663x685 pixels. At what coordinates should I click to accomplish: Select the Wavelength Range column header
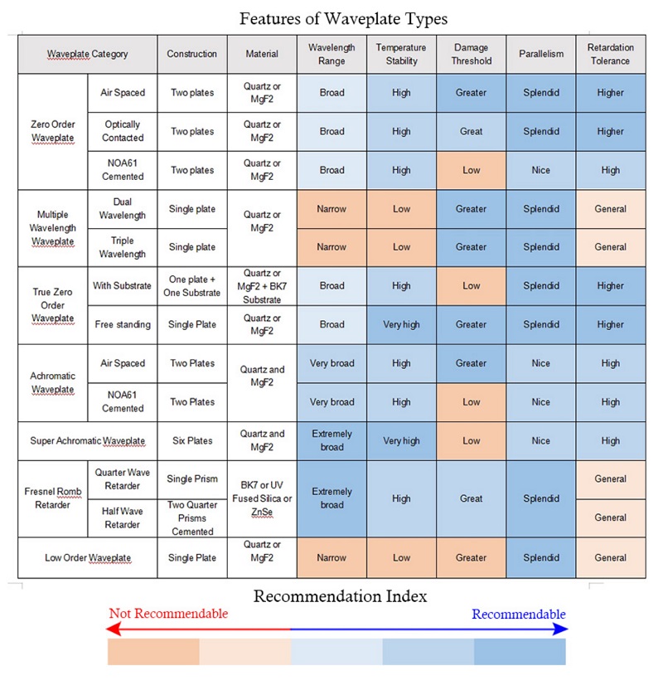click(x=331, y=54)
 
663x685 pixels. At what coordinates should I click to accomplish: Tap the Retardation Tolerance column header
click(x=610, y=54)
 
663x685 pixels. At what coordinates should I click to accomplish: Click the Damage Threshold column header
click(x=471, y=54)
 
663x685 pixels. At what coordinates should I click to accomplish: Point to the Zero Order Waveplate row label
click(x=53, y=131)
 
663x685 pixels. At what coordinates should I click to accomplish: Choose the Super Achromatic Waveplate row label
click(x=87, y=440)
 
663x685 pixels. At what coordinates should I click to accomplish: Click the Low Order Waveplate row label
click(x=87, y=557)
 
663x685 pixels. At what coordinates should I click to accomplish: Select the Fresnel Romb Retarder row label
click(x=53, y=498)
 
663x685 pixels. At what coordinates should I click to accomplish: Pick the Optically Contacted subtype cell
click(x=123, y=131)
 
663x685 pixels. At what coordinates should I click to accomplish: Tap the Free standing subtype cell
click(x=123, y=324)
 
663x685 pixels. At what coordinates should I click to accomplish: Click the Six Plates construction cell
click(x=191, y=440)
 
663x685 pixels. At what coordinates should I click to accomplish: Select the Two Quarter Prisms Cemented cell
click(x=191, y=517)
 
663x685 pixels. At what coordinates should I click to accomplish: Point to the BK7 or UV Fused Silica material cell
click(x=262, y=498)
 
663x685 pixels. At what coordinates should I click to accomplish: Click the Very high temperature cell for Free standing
click(x=401, y=324)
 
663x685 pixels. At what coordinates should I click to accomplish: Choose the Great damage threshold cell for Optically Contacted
click(x=471, y=131)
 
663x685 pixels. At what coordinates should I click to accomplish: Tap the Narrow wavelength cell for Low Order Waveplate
click(x=331, y=557)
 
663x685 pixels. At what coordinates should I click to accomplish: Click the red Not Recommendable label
click(x=168, y=614)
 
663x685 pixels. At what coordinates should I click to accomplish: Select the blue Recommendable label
click(x=519, y=614)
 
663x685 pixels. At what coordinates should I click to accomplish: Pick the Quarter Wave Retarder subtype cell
click(x=123, y=479)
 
